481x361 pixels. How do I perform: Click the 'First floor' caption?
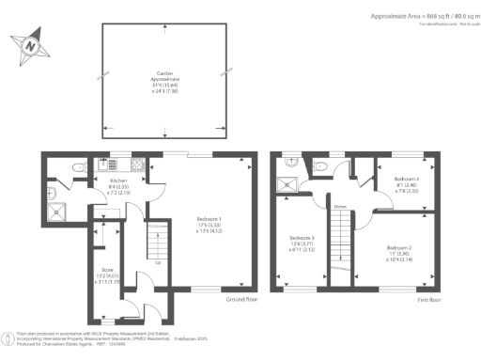tap(429, 298)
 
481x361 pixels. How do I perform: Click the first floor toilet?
tap(321, 165)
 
